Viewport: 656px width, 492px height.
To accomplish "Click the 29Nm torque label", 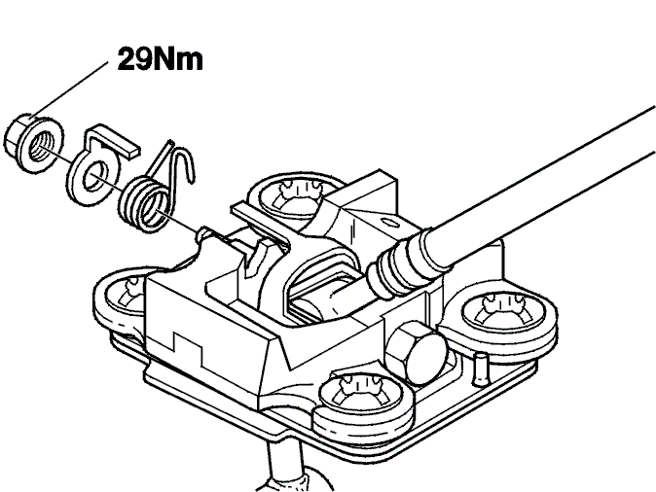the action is [x=161, y=59].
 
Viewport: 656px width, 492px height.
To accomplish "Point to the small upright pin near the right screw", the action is [x=480, y=369].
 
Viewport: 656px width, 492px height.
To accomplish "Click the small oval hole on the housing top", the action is [x=391, y=223].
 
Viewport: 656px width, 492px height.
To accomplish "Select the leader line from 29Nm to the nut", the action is [x=69, y=90].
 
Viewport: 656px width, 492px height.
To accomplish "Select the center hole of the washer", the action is [x=95, y=176].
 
